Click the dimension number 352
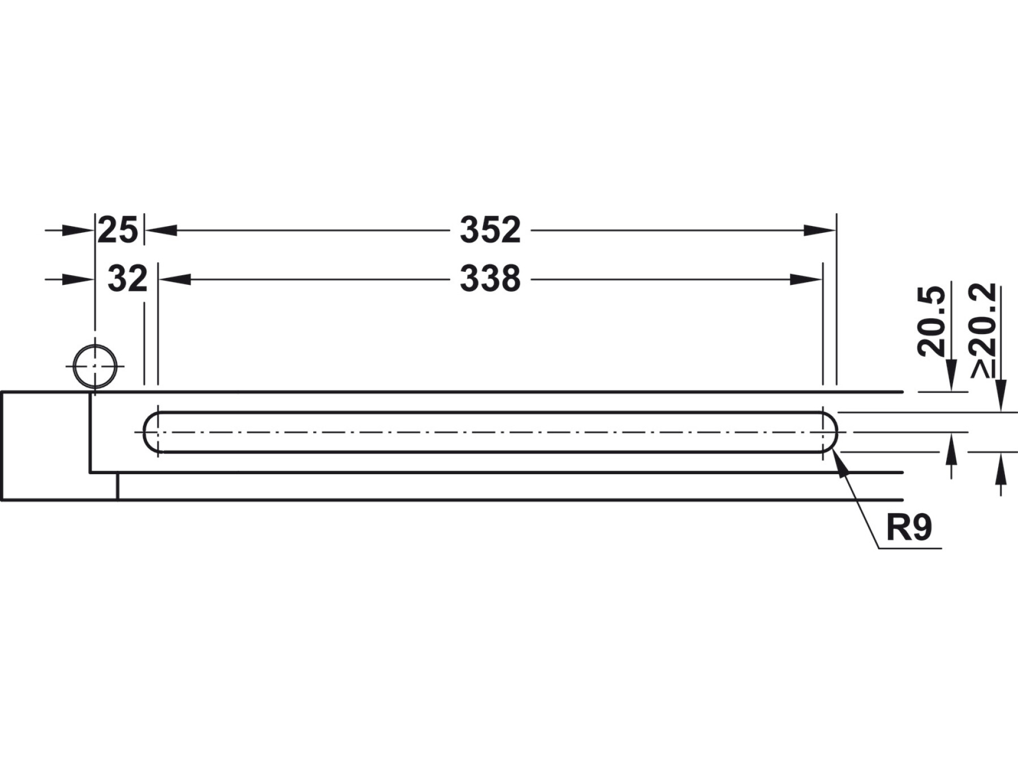click(490, 231)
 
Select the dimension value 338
click(490, 279)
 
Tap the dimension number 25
click(118, 231)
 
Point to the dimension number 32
click(127, 279)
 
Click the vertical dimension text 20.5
click(931, 322)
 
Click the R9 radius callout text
click(909, 528)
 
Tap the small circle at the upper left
click(95, 366)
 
